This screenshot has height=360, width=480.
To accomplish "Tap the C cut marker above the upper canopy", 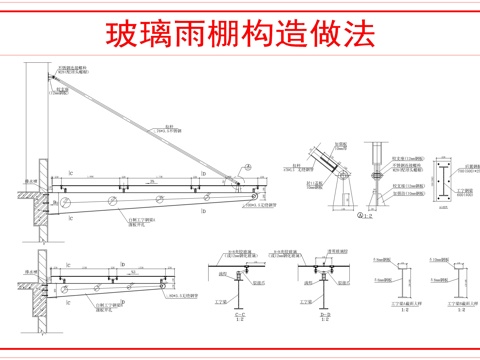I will pos(69,173).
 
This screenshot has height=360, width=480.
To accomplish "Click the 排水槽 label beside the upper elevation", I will pos(30,183).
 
